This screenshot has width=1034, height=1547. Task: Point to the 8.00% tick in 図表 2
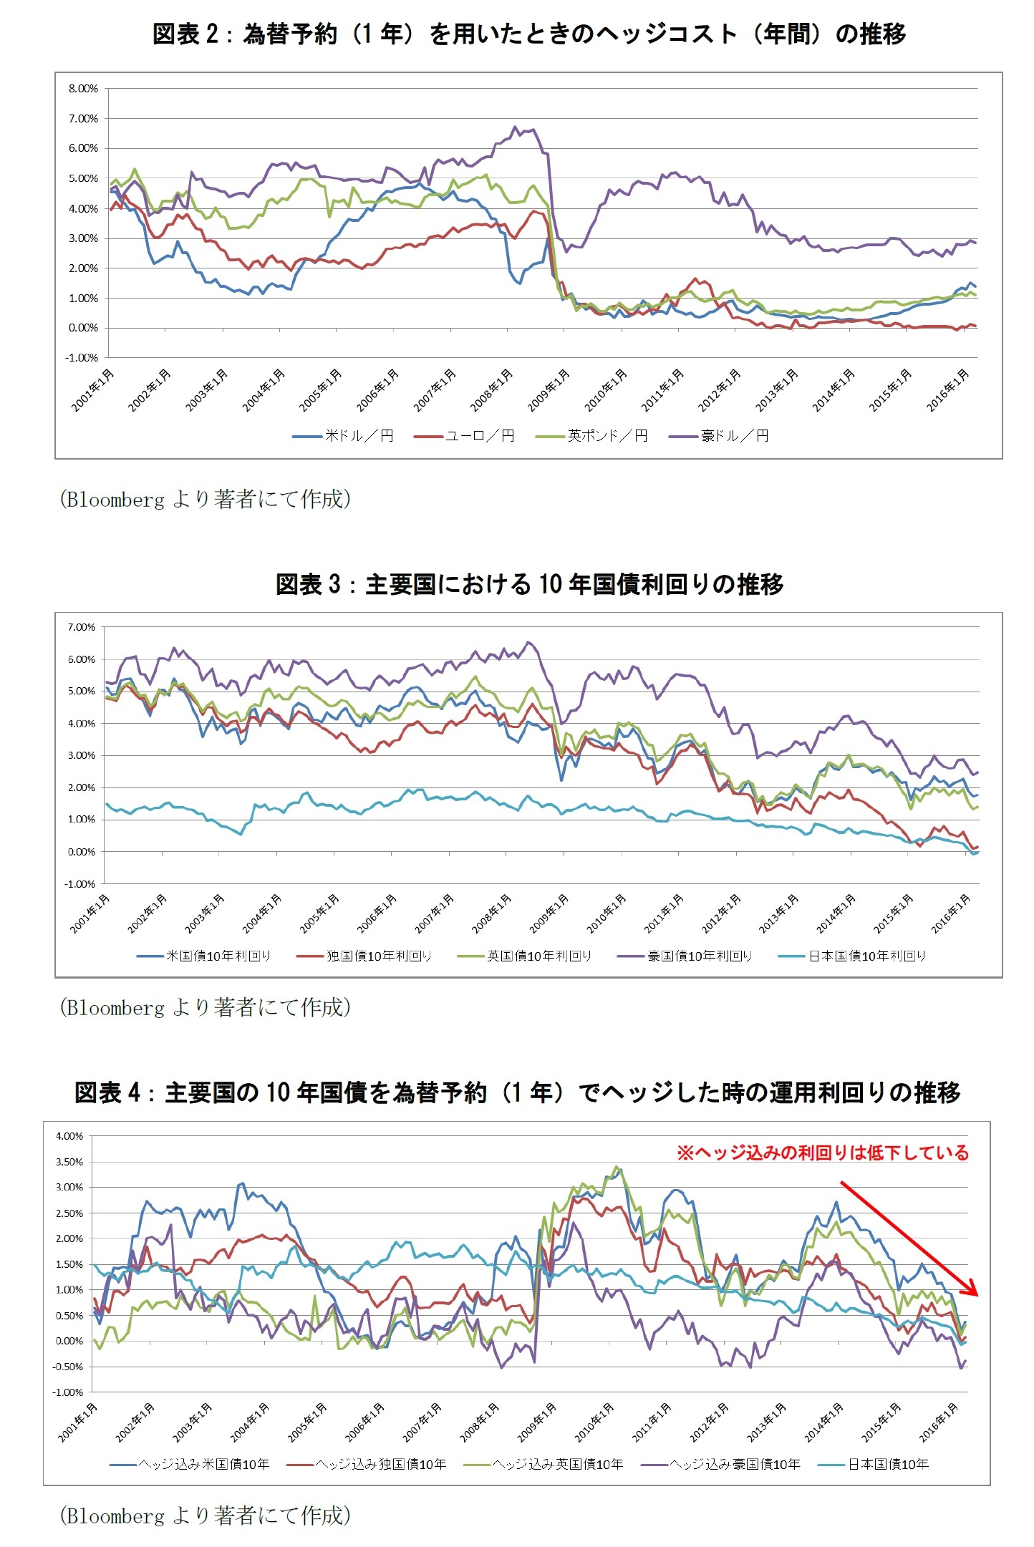point(83,89)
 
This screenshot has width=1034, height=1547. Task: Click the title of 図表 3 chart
point(529,584)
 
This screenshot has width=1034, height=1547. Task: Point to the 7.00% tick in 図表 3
point(81,627)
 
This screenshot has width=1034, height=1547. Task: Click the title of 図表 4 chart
point(517,1092)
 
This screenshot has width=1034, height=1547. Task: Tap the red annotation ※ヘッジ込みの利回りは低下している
point(823,1153)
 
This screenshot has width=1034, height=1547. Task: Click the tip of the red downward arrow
point(977,1294)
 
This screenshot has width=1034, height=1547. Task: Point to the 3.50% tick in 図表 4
point(69,1162)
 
